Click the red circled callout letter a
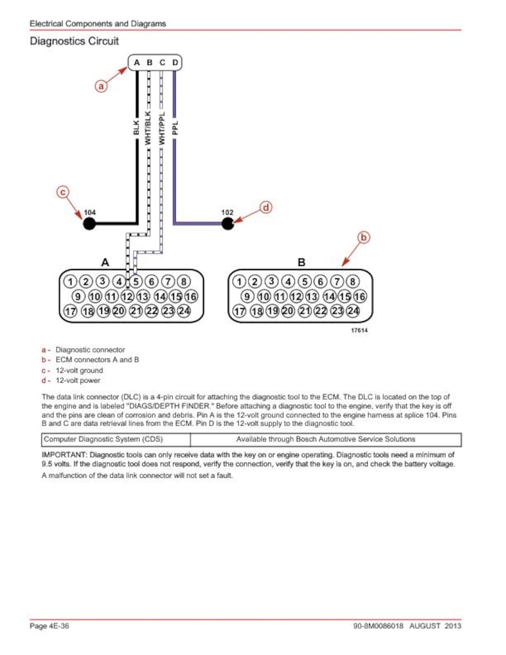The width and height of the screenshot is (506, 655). click(x=101, y=87)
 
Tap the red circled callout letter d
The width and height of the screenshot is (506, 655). click(x=266, y=207)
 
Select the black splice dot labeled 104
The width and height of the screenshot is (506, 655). click(x=89, y=224)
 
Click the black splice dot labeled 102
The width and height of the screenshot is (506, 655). click(x=228, y=224)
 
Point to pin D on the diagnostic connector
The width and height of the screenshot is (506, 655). click(x=175, y=62)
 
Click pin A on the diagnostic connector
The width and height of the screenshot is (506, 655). click(x=136, y=62)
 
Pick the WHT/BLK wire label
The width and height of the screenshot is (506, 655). click(x=148, y=128)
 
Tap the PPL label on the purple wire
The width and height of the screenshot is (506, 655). click(x=175, y=128)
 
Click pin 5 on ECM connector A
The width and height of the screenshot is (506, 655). click(x=136, y=282)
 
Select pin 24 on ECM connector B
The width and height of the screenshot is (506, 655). click(x=353, y=311)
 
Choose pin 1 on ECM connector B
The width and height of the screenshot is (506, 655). click(x=239, y=282)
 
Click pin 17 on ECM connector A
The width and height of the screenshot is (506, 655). click(x=70, y=311)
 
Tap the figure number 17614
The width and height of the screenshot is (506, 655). click(x=359, y=331)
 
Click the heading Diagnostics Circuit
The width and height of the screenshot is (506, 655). click(x=75, y=41)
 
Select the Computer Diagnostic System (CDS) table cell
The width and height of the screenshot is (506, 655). click(x=116, y=440)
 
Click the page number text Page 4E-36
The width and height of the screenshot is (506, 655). click(x=49, y=626)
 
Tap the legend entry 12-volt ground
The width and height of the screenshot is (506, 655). click(x=79, y=371)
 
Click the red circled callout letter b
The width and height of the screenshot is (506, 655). click(x=363, y=238)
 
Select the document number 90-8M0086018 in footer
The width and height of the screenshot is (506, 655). click(x=379, y=626)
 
